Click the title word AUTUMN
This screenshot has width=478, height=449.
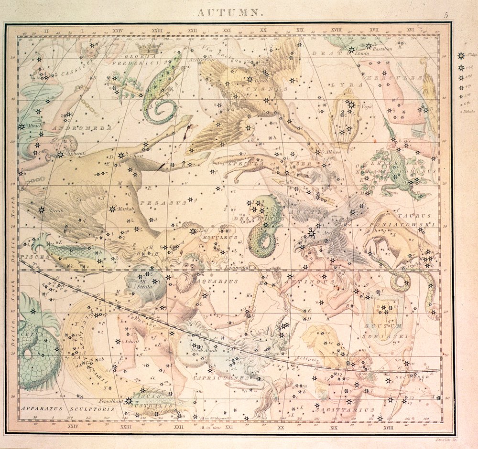click(x=230, y=13)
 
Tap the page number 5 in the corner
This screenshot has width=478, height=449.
click(x=446, y=15)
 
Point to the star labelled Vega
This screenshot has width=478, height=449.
click(x=351, y=104)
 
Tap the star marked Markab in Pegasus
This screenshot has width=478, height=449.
click(x=113, y=209)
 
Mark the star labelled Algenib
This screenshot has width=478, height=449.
click(x=42, y=209)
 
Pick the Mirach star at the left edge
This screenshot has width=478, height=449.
click(x=22, y=127)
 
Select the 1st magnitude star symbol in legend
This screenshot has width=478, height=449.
click(x=461, y=56)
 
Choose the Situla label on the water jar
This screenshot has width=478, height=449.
click(x=145, y=287)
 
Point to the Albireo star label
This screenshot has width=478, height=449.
click(x=334, y=152)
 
